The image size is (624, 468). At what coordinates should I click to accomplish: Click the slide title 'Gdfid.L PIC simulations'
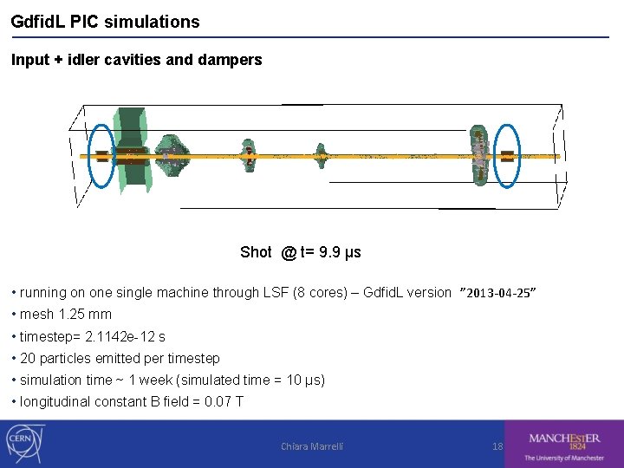(x=105, y=22)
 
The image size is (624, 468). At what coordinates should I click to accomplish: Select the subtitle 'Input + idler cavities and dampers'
(x=136, y=60)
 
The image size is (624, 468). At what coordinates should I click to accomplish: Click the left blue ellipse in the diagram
(x=101, y=156)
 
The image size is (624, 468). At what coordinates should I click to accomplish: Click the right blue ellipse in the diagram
(x=507, y=156)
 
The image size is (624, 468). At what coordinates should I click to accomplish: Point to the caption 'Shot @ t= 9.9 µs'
(x=300, y=252)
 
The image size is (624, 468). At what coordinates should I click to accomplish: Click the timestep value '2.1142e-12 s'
(x=125, y=336)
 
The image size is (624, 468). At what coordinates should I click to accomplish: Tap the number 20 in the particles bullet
(x=27, y=358)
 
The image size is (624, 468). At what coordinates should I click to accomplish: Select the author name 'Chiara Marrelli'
(x=312, y=446)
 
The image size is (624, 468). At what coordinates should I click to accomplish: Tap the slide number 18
(x=497, y=446)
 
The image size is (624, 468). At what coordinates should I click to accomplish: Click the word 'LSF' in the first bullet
(x=276, y=293)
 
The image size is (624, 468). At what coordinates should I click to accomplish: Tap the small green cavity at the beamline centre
(x=322, y=157)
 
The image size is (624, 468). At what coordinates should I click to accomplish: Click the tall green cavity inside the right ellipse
(x=478, y=156)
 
